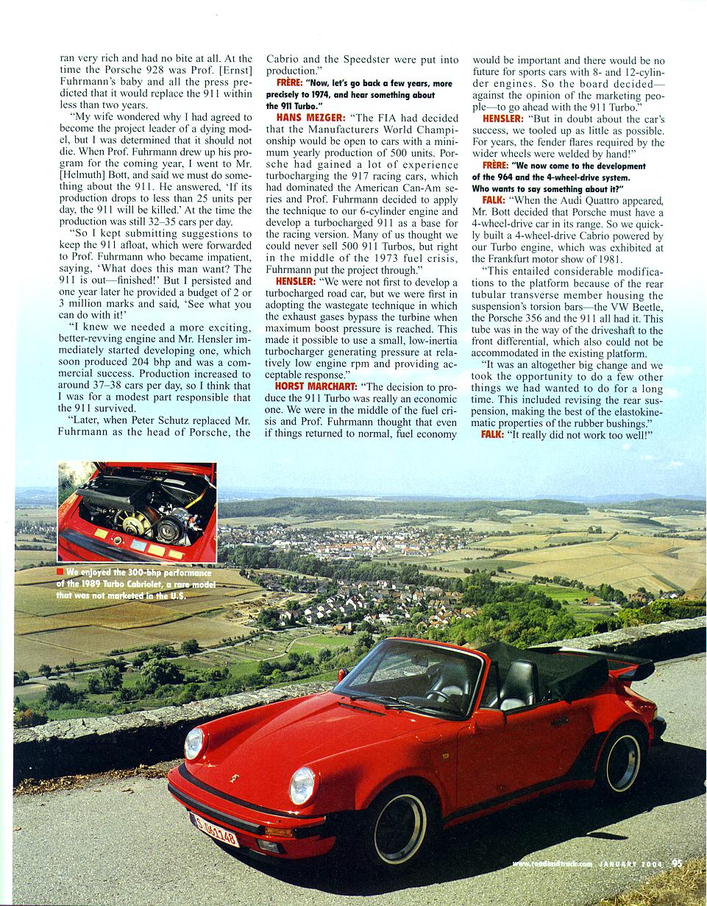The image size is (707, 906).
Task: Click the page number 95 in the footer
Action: pos(678,864)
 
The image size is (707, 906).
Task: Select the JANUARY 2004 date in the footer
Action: pos(630,865)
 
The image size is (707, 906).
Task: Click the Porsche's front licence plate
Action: pos(215,829)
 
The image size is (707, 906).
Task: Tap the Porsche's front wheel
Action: pos(399,827)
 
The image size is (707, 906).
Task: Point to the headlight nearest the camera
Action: pos(302,785)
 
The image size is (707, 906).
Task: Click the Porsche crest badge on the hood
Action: pos(235,777)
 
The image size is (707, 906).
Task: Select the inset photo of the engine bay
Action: pos(137,512)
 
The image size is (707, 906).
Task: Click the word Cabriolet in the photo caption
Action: pos(148,584)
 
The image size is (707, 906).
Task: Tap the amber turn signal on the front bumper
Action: pos(278,832)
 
